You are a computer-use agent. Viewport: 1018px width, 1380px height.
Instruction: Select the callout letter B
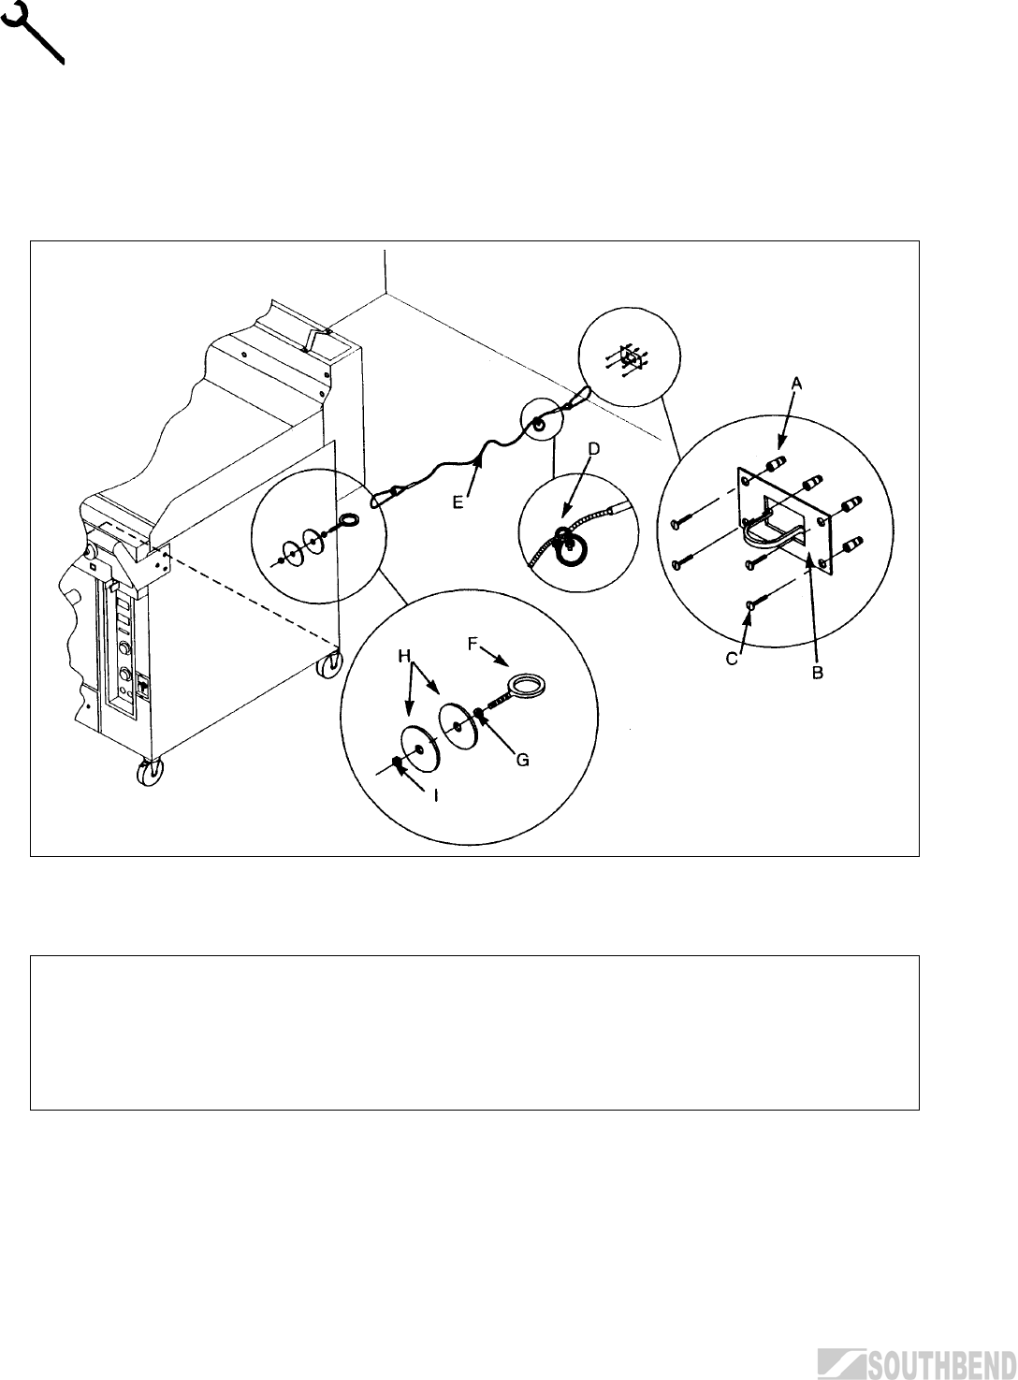point(817,674)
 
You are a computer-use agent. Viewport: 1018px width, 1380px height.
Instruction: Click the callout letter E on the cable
point(458,501)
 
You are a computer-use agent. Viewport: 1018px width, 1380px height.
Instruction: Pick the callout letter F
point(472,644)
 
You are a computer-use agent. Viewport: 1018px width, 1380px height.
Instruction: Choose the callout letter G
point(523,761)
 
